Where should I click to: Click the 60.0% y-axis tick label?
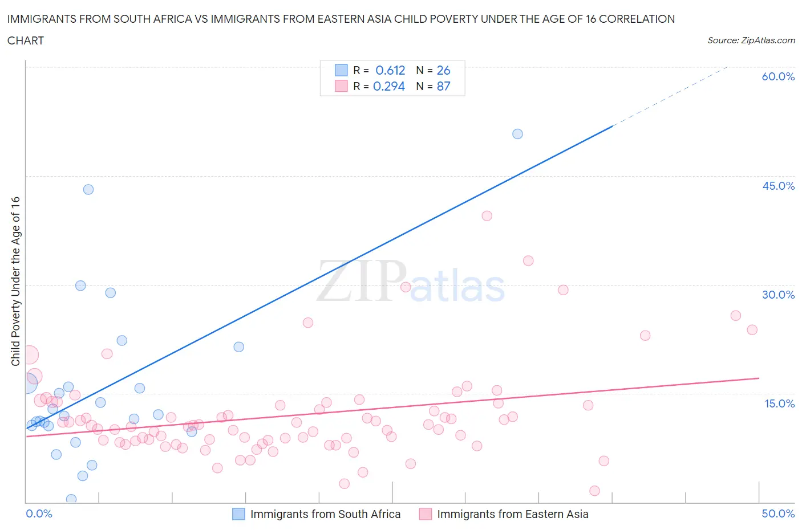coord(778,76)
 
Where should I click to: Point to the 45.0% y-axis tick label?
coord(778,186)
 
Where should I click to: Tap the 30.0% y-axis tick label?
coord(778,295)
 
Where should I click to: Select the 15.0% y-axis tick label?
coord(778,403)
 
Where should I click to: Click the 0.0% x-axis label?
coord(39,513)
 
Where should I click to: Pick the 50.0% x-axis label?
coord(778,513)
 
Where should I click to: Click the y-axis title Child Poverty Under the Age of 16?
coord(15,282)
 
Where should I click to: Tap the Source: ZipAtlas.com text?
coord(751,40)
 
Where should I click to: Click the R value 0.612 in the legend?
coord(390,70)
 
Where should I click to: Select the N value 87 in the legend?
coord(443,86)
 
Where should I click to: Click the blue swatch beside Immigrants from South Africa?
coord(238,514)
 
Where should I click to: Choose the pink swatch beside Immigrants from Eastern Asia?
coord(426,514)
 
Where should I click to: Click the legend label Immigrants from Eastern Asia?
coord(512,514)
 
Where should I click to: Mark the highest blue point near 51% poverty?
coord(517,134)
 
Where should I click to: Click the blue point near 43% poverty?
coord(88,189)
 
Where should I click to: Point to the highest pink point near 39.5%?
coord(487,215)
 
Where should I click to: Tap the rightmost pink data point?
coord(752,329)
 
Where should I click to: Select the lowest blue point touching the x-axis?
coord(71,499)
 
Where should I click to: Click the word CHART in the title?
coord(26,40)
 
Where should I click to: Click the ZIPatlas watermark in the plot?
coord(411,282)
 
